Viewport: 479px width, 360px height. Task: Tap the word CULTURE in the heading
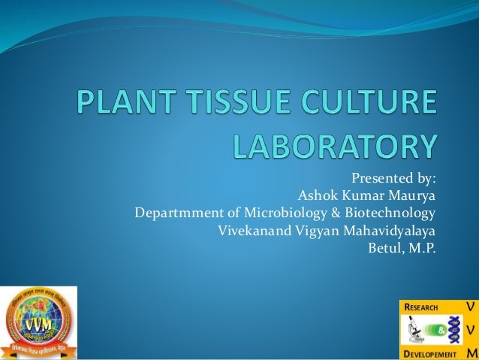click(368, 103)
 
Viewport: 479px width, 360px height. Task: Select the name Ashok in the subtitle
click(316, 196)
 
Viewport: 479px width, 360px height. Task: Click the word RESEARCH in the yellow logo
click(423, 307)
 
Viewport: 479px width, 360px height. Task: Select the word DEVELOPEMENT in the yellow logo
click(431, 353)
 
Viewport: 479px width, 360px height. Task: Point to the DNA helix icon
click(453, 329)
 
